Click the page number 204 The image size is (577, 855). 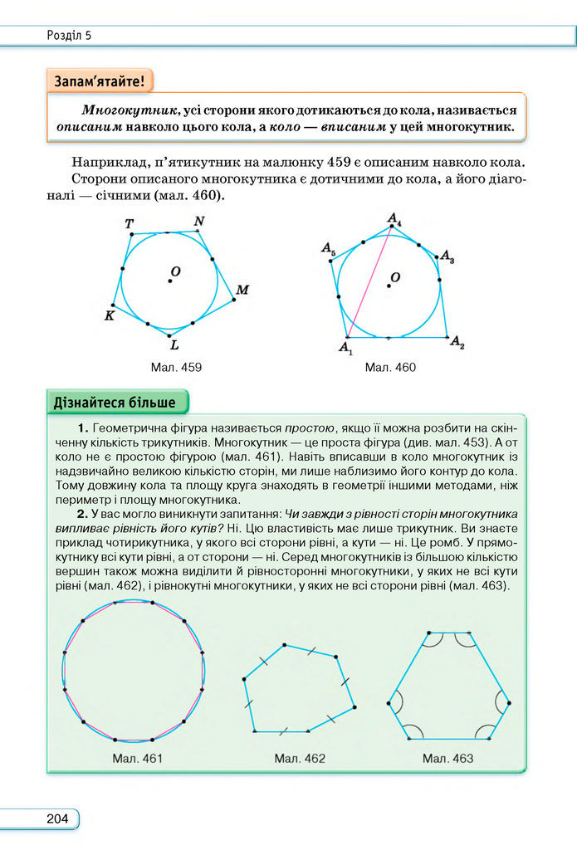pos(57,818)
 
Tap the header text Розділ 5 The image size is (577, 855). pos(70,35)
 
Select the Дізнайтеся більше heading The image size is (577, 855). pos(115,403)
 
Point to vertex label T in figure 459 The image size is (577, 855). pos(130,224)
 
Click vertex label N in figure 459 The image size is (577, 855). pos(198,221)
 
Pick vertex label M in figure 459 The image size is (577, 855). pos(242,290)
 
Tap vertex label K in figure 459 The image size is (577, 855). pos(109,315)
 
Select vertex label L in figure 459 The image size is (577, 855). pos(174,344)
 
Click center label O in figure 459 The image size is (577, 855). pos(176,271)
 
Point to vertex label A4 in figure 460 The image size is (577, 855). pos(395,219)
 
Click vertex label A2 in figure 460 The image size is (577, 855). pos(457,343)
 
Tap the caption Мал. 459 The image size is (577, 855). pos(175,367)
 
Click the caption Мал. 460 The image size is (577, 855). pos(390,367)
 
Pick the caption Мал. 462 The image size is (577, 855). pos(300,758)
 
